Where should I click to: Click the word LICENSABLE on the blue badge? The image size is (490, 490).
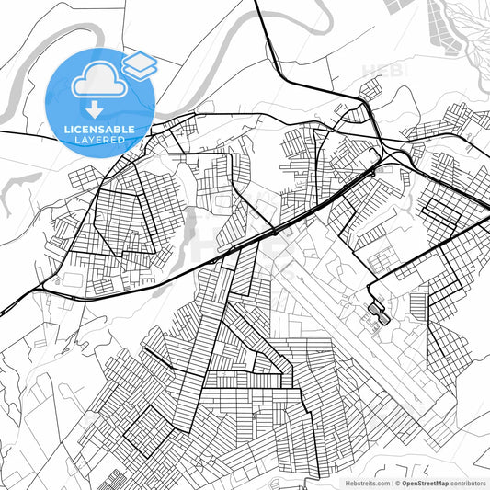tap(99, 130)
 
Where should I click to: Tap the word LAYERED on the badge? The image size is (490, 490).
tap(99, 140)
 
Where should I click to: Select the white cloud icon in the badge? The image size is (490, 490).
tap(98, 80)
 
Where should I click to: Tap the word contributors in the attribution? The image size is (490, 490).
tap(468, 483)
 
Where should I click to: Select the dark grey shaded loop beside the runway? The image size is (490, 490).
tap(377, 313)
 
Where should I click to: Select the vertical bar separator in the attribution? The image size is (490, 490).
tap(393, 483)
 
